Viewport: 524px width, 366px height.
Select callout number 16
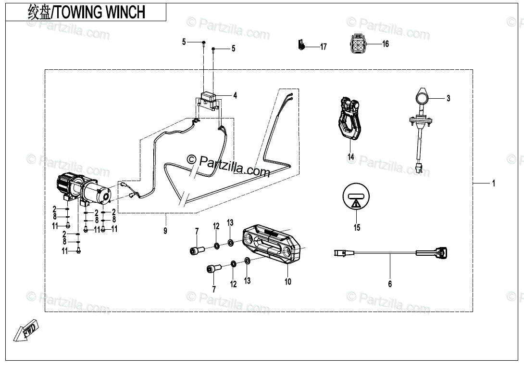385,44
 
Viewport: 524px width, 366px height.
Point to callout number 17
324,47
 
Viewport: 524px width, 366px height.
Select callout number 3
448,99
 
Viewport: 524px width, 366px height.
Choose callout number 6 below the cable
390,284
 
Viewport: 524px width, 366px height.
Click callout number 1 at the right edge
493,183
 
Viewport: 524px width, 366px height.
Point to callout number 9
165,231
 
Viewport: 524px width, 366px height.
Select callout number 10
288,282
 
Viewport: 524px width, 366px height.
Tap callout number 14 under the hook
351,157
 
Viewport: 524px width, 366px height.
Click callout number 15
357,228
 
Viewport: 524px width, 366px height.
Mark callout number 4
235,96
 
